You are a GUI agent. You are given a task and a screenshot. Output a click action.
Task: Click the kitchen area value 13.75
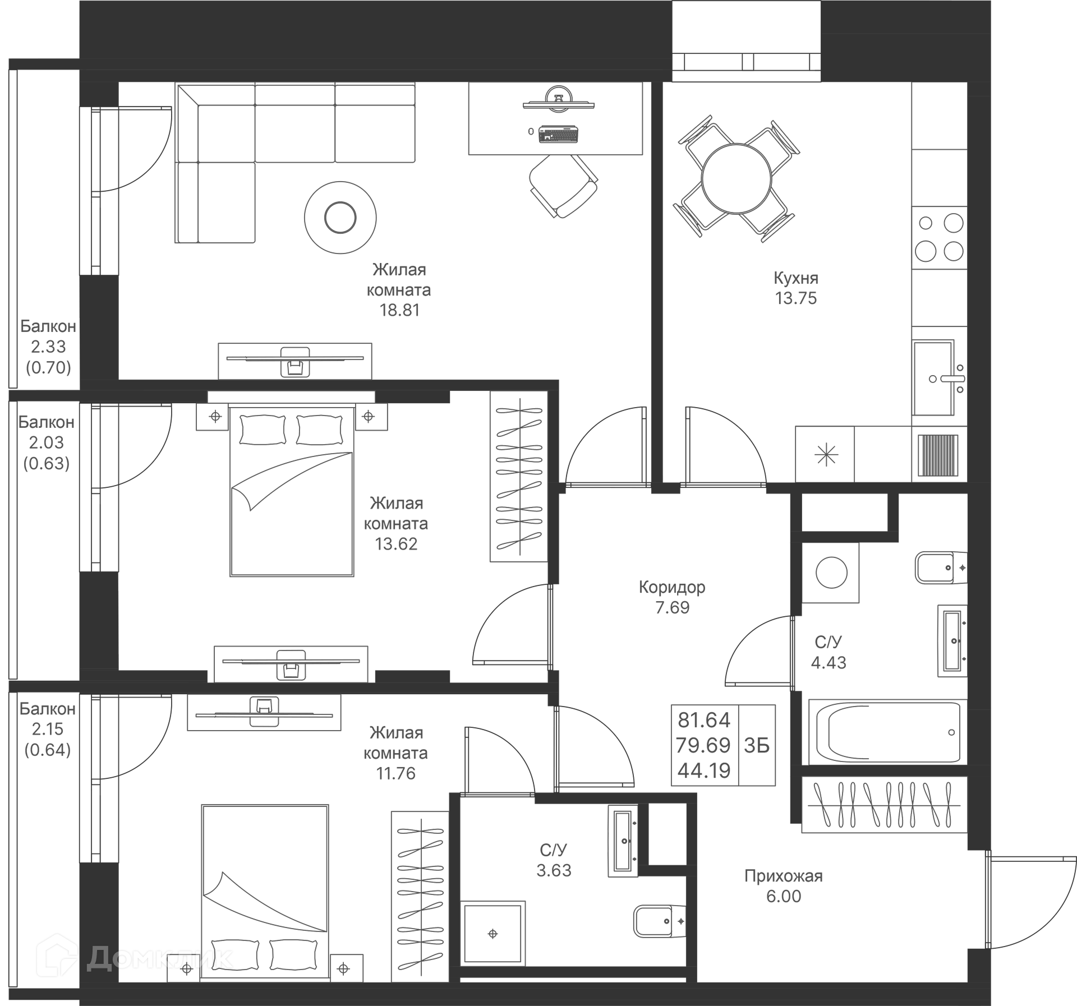point(795,298)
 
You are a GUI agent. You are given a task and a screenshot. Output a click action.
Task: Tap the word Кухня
point(795,278)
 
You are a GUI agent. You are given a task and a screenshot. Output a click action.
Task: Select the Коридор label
point(672,587)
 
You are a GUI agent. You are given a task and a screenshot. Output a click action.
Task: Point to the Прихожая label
point(783,876)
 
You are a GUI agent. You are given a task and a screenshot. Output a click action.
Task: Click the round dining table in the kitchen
point(736,178)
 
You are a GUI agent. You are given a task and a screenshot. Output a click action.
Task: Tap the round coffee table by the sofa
point(340,218)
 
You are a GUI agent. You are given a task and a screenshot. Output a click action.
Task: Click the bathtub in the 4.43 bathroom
point(887,732)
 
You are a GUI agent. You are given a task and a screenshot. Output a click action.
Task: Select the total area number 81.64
point(704,720)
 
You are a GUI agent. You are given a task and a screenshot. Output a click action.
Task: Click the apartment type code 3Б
point(757,745)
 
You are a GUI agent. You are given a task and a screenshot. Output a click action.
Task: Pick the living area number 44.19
point(704,771)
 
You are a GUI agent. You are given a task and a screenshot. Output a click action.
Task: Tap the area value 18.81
point(399,310)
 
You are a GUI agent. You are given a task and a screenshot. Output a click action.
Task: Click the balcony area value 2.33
point(48,347)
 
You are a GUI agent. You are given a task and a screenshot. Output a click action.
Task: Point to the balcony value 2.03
point(47,442)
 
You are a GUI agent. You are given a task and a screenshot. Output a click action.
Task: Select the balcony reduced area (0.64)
point(48,750)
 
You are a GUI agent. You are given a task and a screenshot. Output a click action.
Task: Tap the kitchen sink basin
point(932,378)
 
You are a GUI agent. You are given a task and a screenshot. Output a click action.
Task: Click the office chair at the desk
point(563,186)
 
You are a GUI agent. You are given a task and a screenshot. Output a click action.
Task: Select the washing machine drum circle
point(831,573)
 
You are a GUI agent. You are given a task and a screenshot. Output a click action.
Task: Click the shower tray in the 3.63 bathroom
point(493,934)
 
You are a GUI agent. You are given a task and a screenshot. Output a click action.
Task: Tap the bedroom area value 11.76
point(395,773)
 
